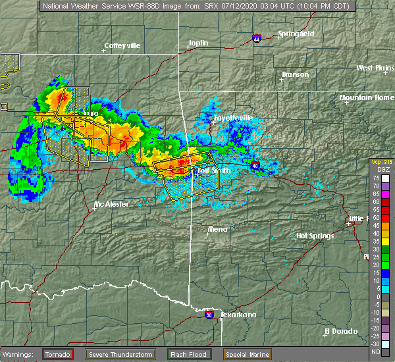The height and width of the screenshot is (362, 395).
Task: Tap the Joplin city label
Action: click(198, 43)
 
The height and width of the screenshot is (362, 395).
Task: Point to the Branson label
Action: click(295, 74)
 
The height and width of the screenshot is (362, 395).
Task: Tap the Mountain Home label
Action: click(366, 97)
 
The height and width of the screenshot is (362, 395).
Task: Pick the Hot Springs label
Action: click(315, 236)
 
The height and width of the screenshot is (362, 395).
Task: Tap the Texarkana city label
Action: click(238, 315)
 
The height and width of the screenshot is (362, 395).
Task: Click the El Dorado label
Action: click(341, 331)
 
